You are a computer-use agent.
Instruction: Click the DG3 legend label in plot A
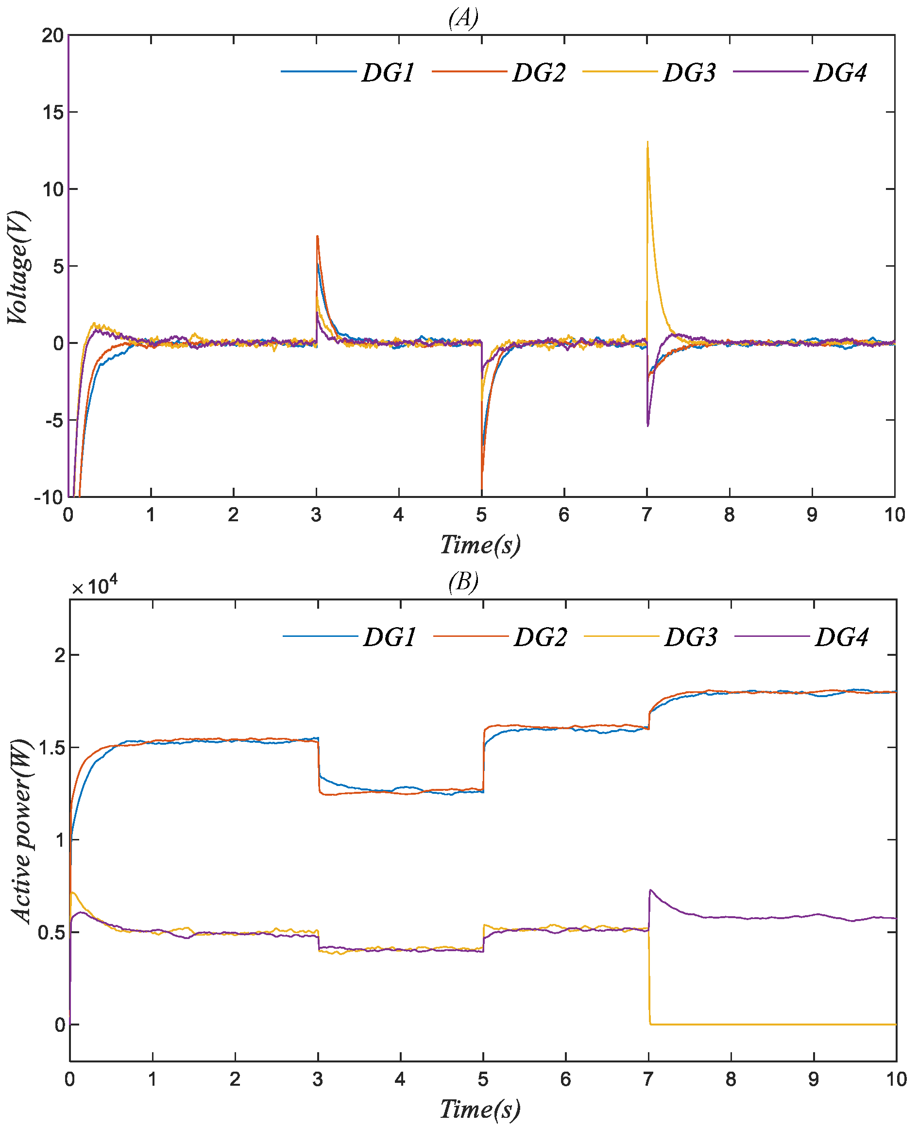point(690,73)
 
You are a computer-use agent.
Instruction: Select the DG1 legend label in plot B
point(390,637)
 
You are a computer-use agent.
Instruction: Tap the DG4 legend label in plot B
point(842,637)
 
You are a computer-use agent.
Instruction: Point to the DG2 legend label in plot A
point(539,73)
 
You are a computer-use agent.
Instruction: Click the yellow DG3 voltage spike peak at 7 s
point(647,142)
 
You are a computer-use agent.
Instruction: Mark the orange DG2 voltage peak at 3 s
point(317,237)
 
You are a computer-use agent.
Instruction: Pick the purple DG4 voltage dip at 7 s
point(648,425)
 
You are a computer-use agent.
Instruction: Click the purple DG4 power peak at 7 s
point(650,890)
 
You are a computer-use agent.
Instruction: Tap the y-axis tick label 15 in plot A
point(53,113)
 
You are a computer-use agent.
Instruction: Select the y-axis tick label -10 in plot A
point(49,497)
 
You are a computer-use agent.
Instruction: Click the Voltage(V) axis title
point(18,267)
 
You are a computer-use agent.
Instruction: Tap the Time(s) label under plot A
point(480,545)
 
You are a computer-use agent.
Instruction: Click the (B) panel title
point(463,581)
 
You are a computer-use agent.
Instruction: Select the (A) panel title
point(463,18)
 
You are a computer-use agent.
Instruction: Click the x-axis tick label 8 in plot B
point(731,1079)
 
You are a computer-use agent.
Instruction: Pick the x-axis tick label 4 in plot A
point(399,514)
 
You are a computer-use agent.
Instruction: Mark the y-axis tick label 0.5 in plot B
point(52,932)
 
